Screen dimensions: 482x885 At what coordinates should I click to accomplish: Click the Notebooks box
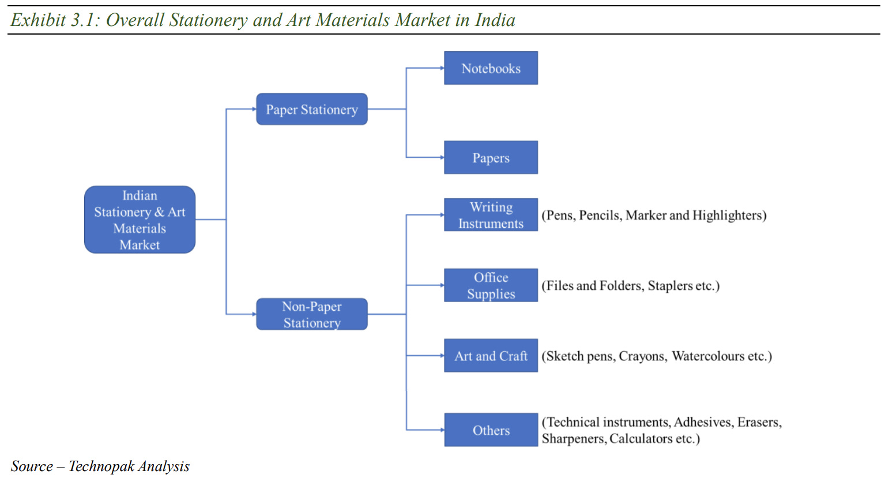[x=491, y=68]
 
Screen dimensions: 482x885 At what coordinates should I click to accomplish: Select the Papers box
[x=491, y=157]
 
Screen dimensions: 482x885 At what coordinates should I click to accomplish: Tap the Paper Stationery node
[x=311, y=109]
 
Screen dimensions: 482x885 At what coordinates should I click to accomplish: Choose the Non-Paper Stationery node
[x=311, y=314]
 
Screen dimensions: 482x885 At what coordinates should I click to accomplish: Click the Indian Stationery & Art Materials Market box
[x=140, y=220]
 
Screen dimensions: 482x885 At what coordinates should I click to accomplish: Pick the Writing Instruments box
[x=491, y=215]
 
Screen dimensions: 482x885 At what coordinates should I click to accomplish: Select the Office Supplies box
[x=491, y=285]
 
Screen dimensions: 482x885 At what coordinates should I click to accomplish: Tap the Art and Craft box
[x=491, y=356]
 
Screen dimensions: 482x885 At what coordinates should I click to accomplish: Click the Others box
[x=491, y=430]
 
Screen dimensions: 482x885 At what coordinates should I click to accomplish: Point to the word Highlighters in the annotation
[x=728, y=216]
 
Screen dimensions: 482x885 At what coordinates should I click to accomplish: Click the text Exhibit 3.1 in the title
[x=54, y=20]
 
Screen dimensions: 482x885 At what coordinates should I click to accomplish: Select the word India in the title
[x=495, y=20]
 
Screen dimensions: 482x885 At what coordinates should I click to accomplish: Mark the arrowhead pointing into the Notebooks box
[x=442, y=68]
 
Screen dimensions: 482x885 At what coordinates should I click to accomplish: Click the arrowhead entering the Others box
[x=442, y=430]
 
